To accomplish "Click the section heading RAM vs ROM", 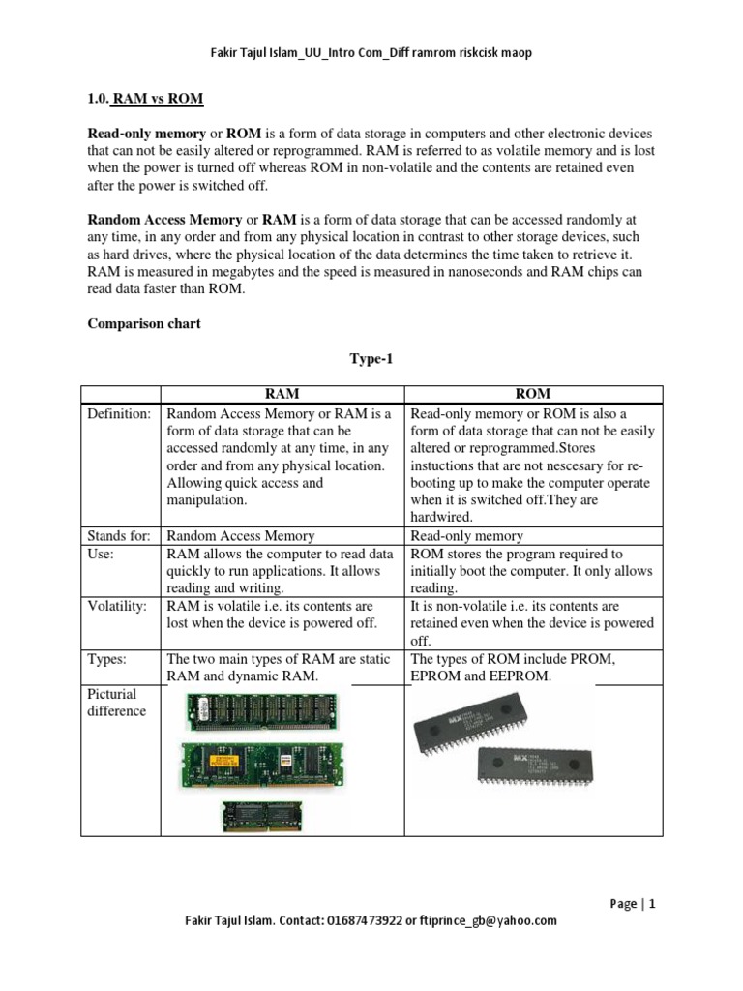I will (x=158, y=100).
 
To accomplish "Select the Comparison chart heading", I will (x=144, y=324).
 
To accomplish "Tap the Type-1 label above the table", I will (x=371, y=359).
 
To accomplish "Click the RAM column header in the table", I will (x=284, y=394).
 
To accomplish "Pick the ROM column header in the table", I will (x=533, y=394).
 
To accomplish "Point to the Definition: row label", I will (x=119, y=414).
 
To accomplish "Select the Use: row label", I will (x=102, y=555).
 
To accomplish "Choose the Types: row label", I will (x=106, y=659).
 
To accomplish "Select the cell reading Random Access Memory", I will (x=241, y=536).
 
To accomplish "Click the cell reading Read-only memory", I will (x=467, y=536).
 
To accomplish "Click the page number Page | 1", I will (x=633, y=904).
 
